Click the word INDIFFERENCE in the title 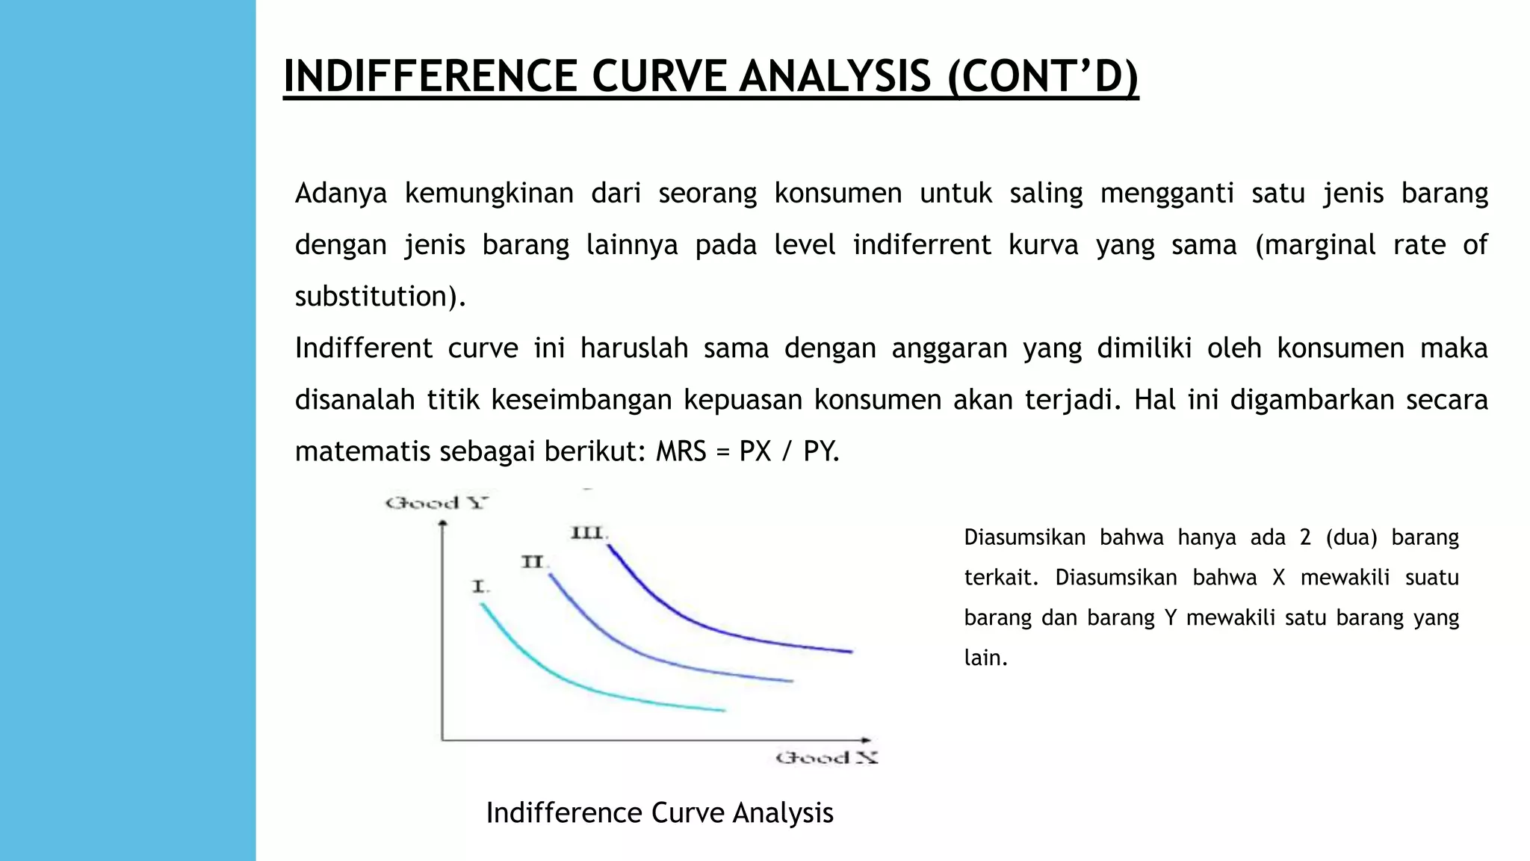[x=430, y=76]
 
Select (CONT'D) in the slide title [x=1042, y=76]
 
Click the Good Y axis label [x=436, y=503]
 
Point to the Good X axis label [x=826, y=758]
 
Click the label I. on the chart [x=480, y=587]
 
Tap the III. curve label [x=589, y=533]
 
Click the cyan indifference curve [x=568, y=680]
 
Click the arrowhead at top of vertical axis [x=442, y=524]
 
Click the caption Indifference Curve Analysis [x=660, y=812]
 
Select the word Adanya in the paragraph [x=341, y=193]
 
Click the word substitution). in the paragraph [x=380, y=296]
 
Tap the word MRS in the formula [x=681, y=451]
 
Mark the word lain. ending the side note [x=986, y=658]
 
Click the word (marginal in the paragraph [x=1315, y=244]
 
